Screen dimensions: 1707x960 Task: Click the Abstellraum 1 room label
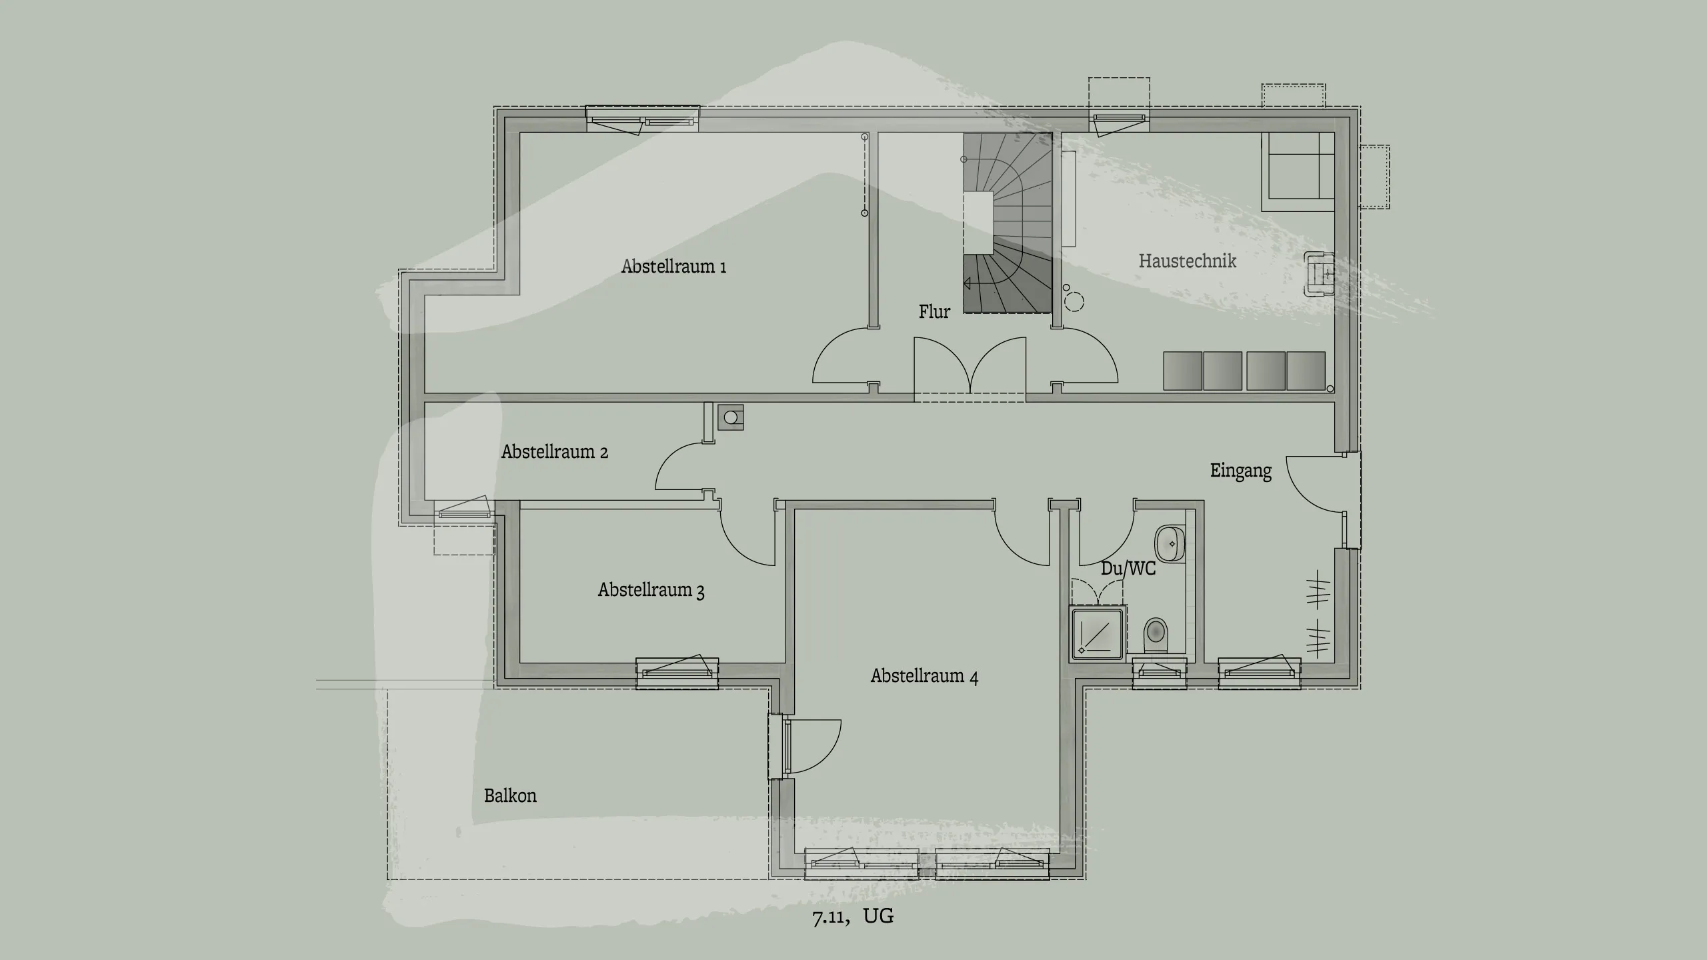click(x=673, y=267)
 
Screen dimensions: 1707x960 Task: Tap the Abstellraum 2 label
click(x=554, y=452)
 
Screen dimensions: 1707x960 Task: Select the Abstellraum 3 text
click(x=651, y=590)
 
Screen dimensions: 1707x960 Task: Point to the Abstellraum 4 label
click(x=924, y=676)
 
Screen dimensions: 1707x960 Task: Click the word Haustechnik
click(x=1187, y=261)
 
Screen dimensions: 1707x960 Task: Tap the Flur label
click(x=934, y=311)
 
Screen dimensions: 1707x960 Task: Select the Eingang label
click(x=1241, y=471)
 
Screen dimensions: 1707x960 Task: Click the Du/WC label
click(x=1128, y=569)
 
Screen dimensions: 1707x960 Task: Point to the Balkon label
click(x=510, y=795)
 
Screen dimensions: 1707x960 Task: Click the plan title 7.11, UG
click(x=853, y=916)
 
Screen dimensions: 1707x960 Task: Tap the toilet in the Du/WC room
click(x=1156, y=635)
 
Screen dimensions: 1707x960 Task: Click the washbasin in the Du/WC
click(x=1170, y=543)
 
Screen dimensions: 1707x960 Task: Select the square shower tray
click(x=1098, y=634)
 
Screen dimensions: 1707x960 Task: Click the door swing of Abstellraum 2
click(x=680, y=467)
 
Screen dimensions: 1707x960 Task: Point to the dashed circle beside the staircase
click(x=1074, y=302)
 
